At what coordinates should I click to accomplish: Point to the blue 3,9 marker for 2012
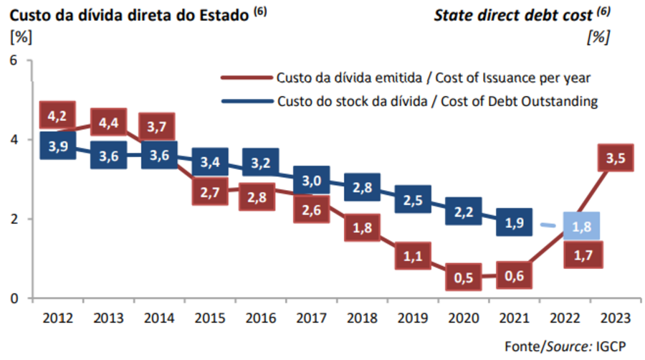[x=57, y=146]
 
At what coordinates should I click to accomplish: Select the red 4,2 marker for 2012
[x=57, y=115]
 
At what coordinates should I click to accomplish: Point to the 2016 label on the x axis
[x=262, y=316]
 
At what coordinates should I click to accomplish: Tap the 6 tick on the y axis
[x=12, y=60]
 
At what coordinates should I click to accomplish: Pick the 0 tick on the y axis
[x=12, y=298]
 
